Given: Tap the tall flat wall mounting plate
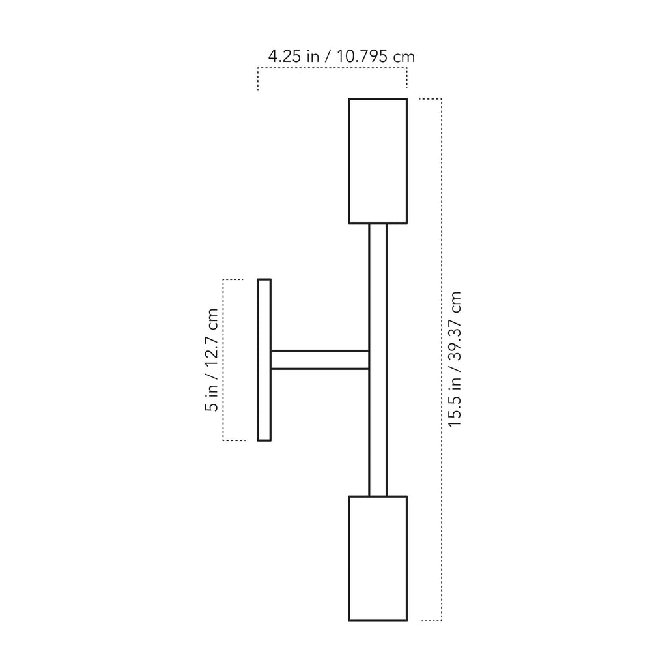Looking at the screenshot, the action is [264, 360].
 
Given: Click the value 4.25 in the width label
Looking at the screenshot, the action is [285, 56].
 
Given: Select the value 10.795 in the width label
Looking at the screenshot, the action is [362, 56].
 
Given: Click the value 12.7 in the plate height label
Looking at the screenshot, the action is [212, 350].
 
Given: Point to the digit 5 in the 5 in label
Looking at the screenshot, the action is [212, 406].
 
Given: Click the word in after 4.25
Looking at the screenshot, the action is [313, 56].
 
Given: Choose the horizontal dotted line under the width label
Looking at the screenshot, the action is [332, 68].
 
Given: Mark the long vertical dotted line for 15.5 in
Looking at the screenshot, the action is [442, 360].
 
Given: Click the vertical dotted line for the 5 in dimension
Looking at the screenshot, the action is [223, 360].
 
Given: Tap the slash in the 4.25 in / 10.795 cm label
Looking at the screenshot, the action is [328, 56].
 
